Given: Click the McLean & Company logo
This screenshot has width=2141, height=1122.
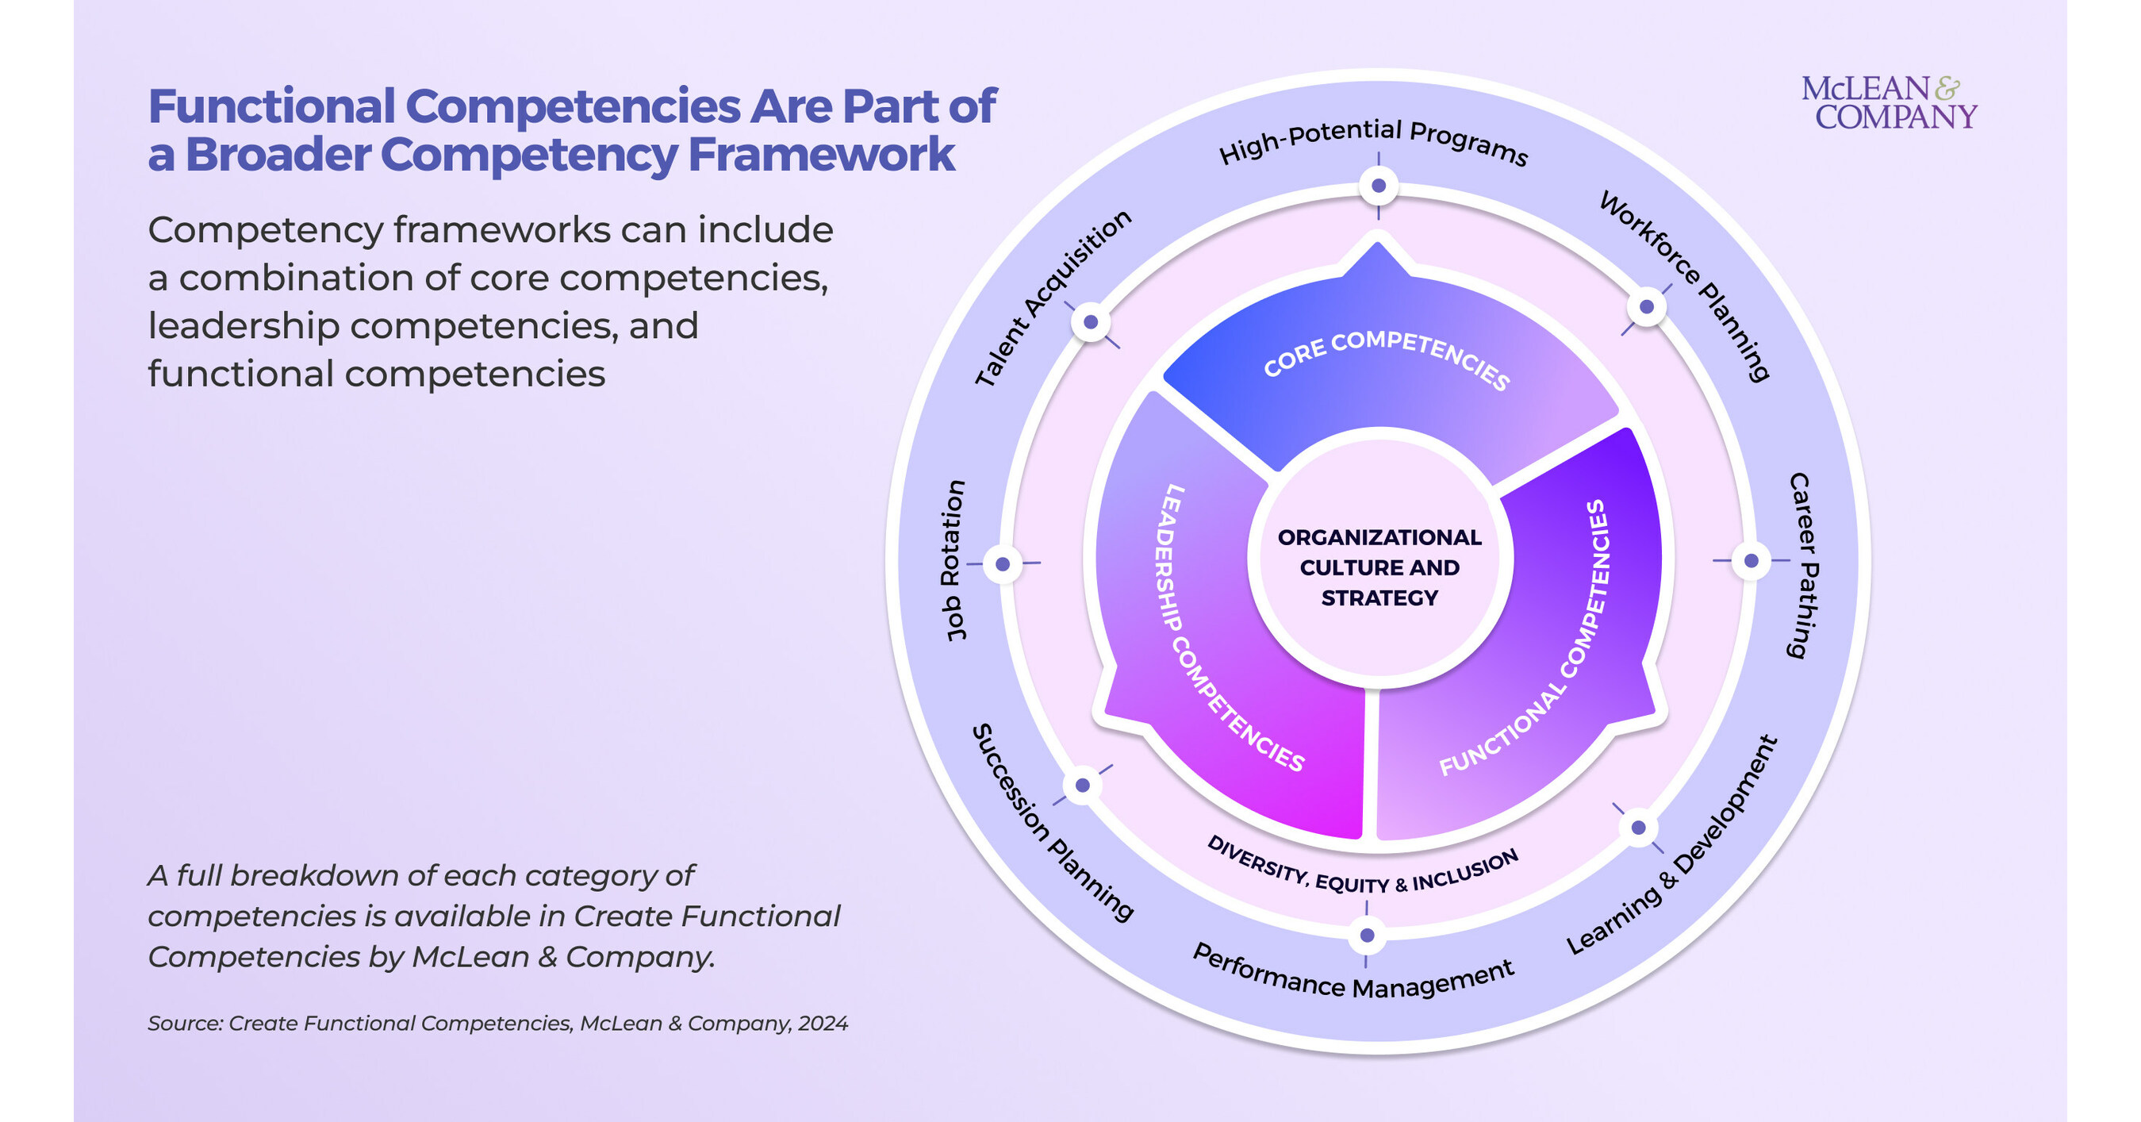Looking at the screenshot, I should point(1888,103).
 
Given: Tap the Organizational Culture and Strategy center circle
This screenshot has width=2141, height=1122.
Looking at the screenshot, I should point(1379,567).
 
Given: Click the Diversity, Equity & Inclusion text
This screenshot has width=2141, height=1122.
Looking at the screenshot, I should point(1363,870).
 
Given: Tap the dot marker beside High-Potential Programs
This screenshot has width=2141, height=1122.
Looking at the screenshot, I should point(1378,186).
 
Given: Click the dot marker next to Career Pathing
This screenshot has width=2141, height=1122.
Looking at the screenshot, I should point(1752,561).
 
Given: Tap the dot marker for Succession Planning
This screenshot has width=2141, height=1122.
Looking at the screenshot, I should point(1082,786).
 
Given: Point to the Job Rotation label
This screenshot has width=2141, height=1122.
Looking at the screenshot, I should point(954,560).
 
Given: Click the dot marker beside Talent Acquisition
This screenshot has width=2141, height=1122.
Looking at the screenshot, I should point(1091,321).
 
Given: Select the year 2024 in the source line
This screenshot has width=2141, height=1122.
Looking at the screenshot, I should point(823,1023).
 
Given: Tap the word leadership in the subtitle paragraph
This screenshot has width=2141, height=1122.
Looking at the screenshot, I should point(244,326).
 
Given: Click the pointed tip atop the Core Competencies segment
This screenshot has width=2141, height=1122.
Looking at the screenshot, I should point(1377,247).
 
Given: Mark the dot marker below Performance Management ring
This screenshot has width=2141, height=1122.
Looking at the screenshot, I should point(1366,936).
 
